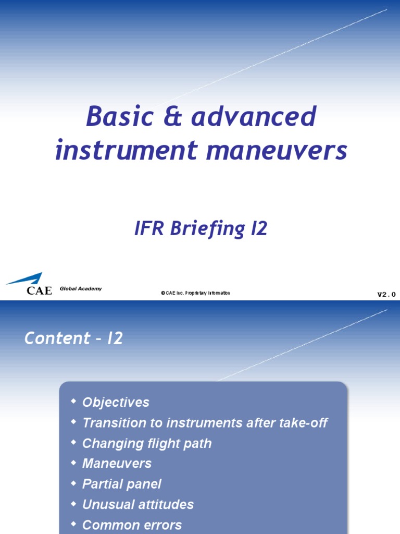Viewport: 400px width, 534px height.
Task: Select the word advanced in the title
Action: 254,116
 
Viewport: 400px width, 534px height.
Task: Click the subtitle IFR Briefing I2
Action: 201,229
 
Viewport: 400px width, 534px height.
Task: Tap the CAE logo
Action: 29,284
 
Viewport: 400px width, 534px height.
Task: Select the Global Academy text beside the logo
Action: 81,289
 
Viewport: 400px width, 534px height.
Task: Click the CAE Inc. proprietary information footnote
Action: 195,294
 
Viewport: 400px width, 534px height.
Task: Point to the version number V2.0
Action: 386,295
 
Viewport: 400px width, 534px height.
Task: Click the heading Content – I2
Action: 73,338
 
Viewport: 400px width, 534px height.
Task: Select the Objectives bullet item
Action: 116,403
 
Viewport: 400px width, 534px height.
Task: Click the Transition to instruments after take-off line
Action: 205,423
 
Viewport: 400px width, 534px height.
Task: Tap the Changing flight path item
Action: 147,443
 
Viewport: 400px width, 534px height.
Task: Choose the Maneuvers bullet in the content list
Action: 117,464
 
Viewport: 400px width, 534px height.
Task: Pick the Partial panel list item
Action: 122,484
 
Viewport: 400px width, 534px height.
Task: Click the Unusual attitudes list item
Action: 138,504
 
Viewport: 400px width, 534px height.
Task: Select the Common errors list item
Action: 132,525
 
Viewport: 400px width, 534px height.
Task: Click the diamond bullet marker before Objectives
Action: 74,401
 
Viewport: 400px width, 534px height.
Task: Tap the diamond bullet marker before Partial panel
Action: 74,482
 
